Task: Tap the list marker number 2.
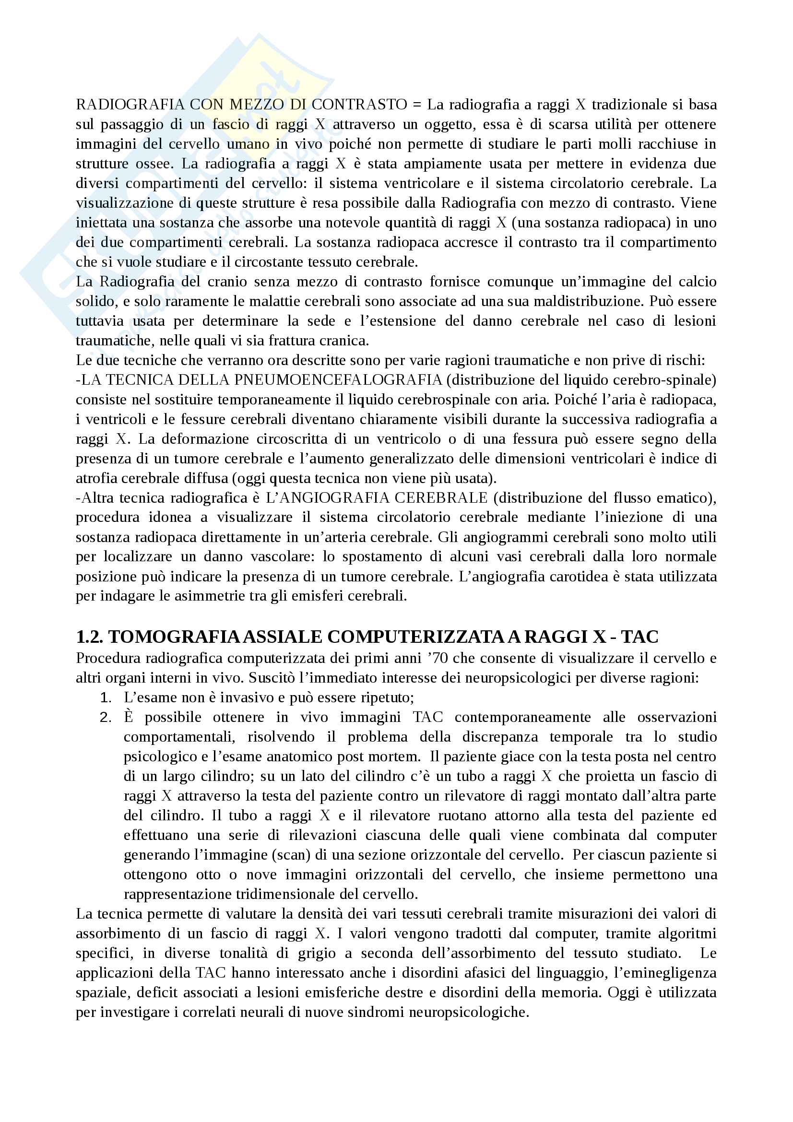pyautogui.click(x=106, y=717)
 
